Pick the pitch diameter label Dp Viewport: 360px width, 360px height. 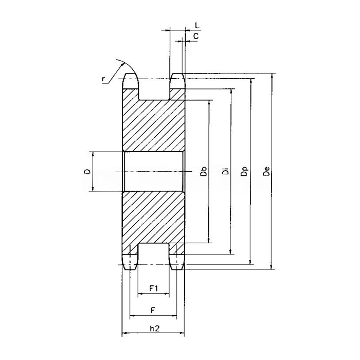pyautogui.click(x=245, y=171)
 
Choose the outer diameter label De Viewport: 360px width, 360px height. pyautogui.click(x=266, y=171)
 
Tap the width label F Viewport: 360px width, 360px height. pyautogui.click(x=153, y=310)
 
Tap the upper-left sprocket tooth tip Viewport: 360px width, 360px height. pyautogui.click(x=131, y=78)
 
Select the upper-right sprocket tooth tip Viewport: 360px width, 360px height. pyautogui.click(x=177, y=78)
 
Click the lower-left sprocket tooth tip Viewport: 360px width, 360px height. pyautogui.click(x=131, y=264)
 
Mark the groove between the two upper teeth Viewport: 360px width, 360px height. pyautogui.click(x=154, y=90)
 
